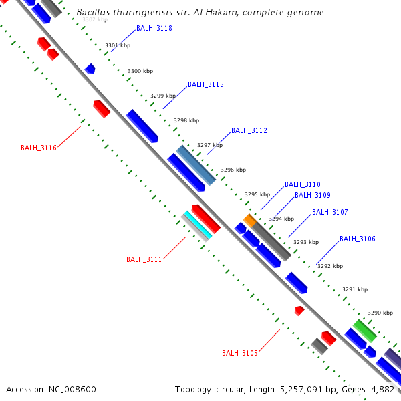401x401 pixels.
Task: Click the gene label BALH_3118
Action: (154, 28)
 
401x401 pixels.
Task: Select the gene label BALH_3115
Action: (205, 84)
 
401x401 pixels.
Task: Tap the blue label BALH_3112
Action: (249, 130)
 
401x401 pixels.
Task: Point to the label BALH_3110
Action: (302, 184)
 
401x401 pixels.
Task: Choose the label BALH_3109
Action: (312, 195)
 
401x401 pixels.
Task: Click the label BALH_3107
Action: (329, 212)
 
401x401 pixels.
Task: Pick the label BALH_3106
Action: (357, 239)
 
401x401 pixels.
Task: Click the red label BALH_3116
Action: (38, 148)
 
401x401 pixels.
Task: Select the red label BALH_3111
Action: (144, 259)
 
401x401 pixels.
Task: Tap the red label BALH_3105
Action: (239, 353)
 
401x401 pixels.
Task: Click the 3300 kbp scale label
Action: (140, 71)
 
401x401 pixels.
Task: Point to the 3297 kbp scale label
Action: (209, 145)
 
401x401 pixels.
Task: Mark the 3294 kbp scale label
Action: (281, 219)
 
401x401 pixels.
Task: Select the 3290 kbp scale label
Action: (380, 313)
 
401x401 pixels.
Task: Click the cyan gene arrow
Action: (197, 225)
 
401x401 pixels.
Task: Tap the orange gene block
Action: (249, 219)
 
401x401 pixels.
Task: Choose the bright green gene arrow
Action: (364, 329)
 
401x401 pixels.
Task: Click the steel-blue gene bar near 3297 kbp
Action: (196, 165)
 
